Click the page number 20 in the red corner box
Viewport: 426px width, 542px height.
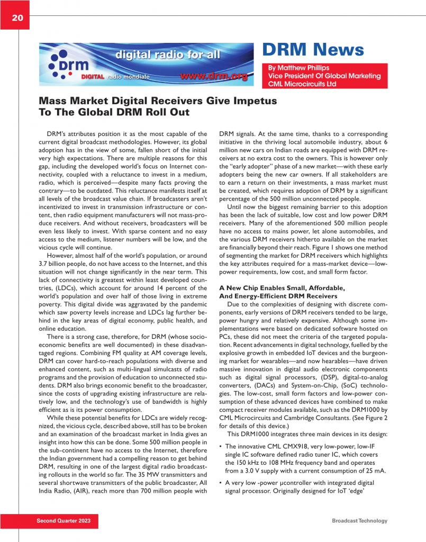coord(17,18)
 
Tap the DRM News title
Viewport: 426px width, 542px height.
coord(313,50)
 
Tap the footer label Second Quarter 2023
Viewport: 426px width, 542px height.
coord(64,521)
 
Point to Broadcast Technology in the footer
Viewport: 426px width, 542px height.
coord(359,521)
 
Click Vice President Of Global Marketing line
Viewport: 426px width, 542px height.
coord(324,76)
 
